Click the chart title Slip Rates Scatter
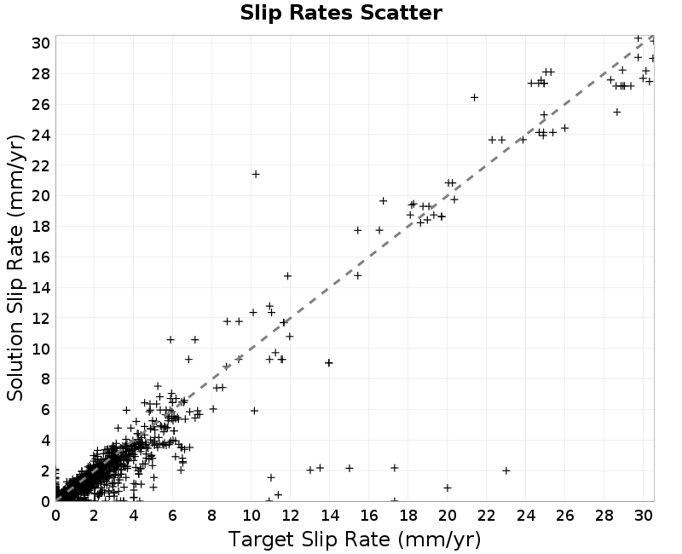pyautogui.click(x=341, y=13)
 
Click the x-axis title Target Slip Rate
pyautogui.click(x=355, y=540)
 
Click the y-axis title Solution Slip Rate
pyautogui.click(x=15, y=268)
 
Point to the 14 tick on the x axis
pyautogui.click(x=330, y=516)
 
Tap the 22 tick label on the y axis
pyautogui.click(x=40, y=165)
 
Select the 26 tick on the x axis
pyautogui.click(x=564, y=516)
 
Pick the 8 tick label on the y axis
pyautogui.click(x=45, y=379)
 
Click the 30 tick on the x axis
pyautogui.click(x=644, y=516)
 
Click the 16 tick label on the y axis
pyautogui.click(x=40, y=257)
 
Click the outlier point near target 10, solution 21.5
pyautogui.click(x=256, y=175)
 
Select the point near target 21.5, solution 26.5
pyautogui.click(x=475, y=97)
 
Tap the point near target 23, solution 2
pyautogui.click(x=506, y=470)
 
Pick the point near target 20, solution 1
pyautogui.click(x=447, y=488)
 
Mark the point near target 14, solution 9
pyautogui.click(x=329, y=363)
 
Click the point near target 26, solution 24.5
pyautogui.click(x=564, y=129)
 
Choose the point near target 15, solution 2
pyautogui.click(x=350, y=468)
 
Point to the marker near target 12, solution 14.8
pyautogui.click(x=287, y=276)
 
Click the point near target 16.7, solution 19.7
pyautogui.click(x=383, y=201)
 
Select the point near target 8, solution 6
pyautogui.click(x=213, y=409)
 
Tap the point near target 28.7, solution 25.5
pyautogui.click(x=616, y=113)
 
